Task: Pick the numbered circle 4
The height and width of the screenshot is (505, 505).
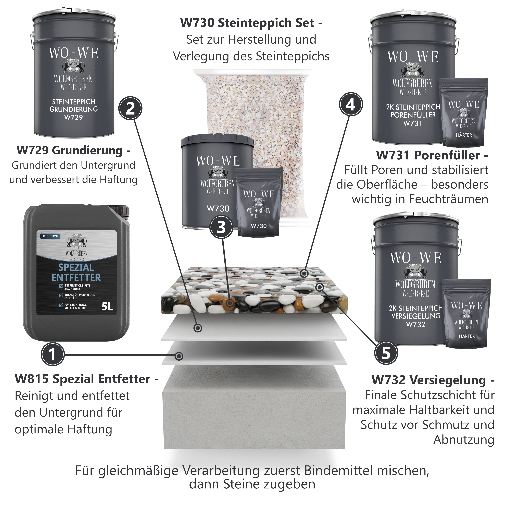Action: pyautogui.click(x=351, y=104)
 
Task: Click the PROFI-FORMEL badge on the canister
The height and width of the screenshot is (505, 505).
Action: pyautogui.click(x=50, y=236)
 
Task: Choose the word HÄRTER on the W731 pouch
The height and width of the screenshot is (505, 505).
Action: pyautogui.click(x=464, y=135)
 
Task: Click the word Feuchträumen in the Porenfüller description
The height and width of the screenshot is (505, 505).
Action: pyautogui.click(x=449, y=199)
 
